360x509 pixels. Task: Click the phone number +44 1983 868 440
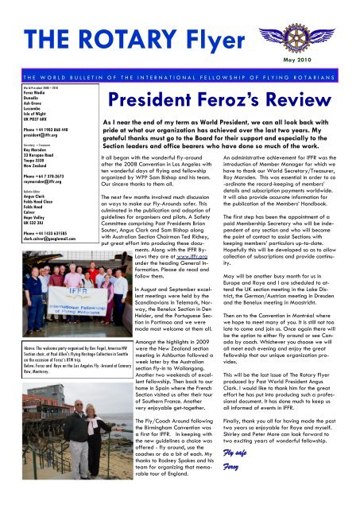tap(32, 130)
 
